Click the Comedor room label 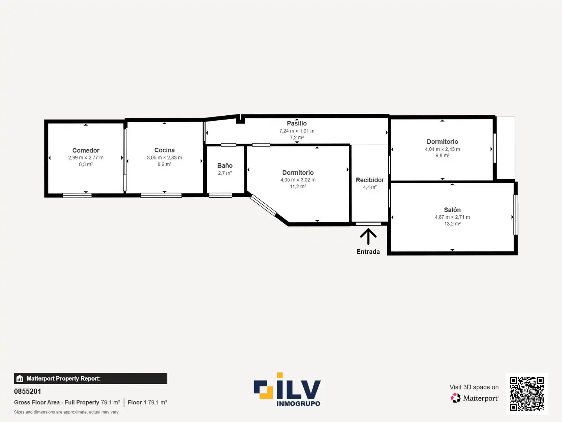[x=86, y=150]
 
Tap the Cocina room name [x=164, y=150]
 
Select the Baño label [x=225, y=166]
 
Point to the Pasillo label [x=297, y=123]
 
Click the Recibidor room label [x=370, y=180]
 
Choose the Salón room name [x=452, y=210]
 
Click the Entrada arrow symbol [x=368, y=236]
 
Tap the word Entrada [x=368, y=252]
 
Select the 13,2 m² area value [x=452, y=224]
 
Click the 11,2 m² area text [x=298, y=186]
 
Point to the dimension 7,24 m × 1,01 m [x=297, y=131]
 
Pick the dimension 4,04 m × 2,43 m [x=442, y=149]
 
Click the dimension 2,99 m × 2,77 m [x=86, y=157]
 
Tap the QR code [x=526, y=393]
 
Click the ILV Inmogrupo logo [x=287, y=390]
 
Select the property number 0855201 [x=27, y=391]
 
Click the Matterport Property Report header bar [x=91, y=378]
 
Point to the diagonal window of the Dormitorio [x=263, y=205]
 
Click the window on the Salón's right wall [x=516, y=215]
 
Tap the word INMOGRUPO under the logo [x=298, y=404]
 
